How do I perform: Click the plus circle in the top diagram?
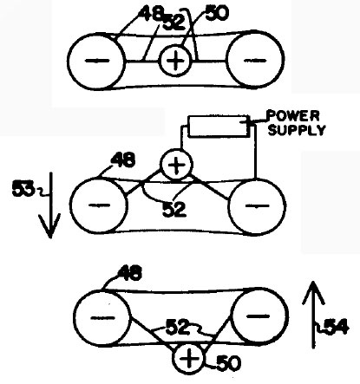[x=175, y=61]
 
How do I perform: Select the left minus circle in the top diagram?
[x=96, y=62]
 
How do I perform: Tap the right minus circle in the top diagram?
[x=255, y=59]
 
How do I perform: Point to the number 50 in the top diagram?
[x=217, y=13]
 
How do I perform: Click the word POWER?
[x=293, y=115]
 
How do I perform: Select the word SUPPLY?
[x=297, y=130]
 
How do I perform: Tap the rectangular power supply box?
[x=219, y=126]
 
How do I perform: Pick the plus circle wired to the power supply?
[x=176, y=165]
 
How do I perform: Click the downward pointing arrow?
[x=50, y=205]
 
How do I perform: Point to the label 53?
[x=23, y=190]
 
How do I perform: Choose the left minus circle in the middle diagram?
[x=99, y=205]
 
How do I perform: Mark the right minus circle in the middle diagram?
[x=257, y=206]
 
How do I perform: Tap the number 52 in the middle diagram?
[x=174, y=210]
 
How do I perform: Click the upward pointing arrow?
[x=314, y=315]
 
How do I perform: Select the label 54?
[x=337, y=328]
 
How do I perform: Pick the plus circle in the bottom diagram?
[x=188, y=358]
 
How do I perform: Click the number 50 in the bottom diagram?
[x=228, y=363]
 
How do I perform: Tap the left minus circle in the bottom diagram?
[x=102, y=318]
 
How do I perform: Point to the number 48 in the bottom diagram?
[x=129, y=273]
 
